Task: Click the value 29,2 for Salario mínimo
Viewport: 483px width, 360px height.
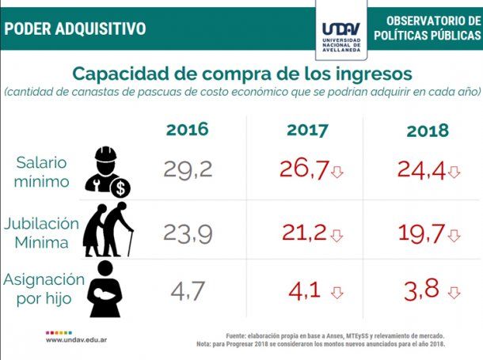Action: click(188, 169)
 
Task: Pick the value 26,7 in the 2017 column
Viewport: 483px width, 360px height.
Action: click(303, 169)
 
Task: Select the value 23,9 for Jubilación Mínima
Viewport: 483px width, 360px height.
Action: click(188, 233)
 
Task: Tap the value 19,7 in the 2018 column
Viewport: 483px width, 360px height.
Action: click(422, 233)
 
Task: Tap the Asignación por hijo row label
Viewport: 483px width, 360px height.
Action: click(42, 290)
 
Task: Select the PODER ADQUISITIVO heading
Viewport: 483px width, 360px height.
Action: click(75, 28)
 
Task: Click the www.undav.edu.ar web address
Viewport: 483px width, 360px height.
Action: click(77, 340)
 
